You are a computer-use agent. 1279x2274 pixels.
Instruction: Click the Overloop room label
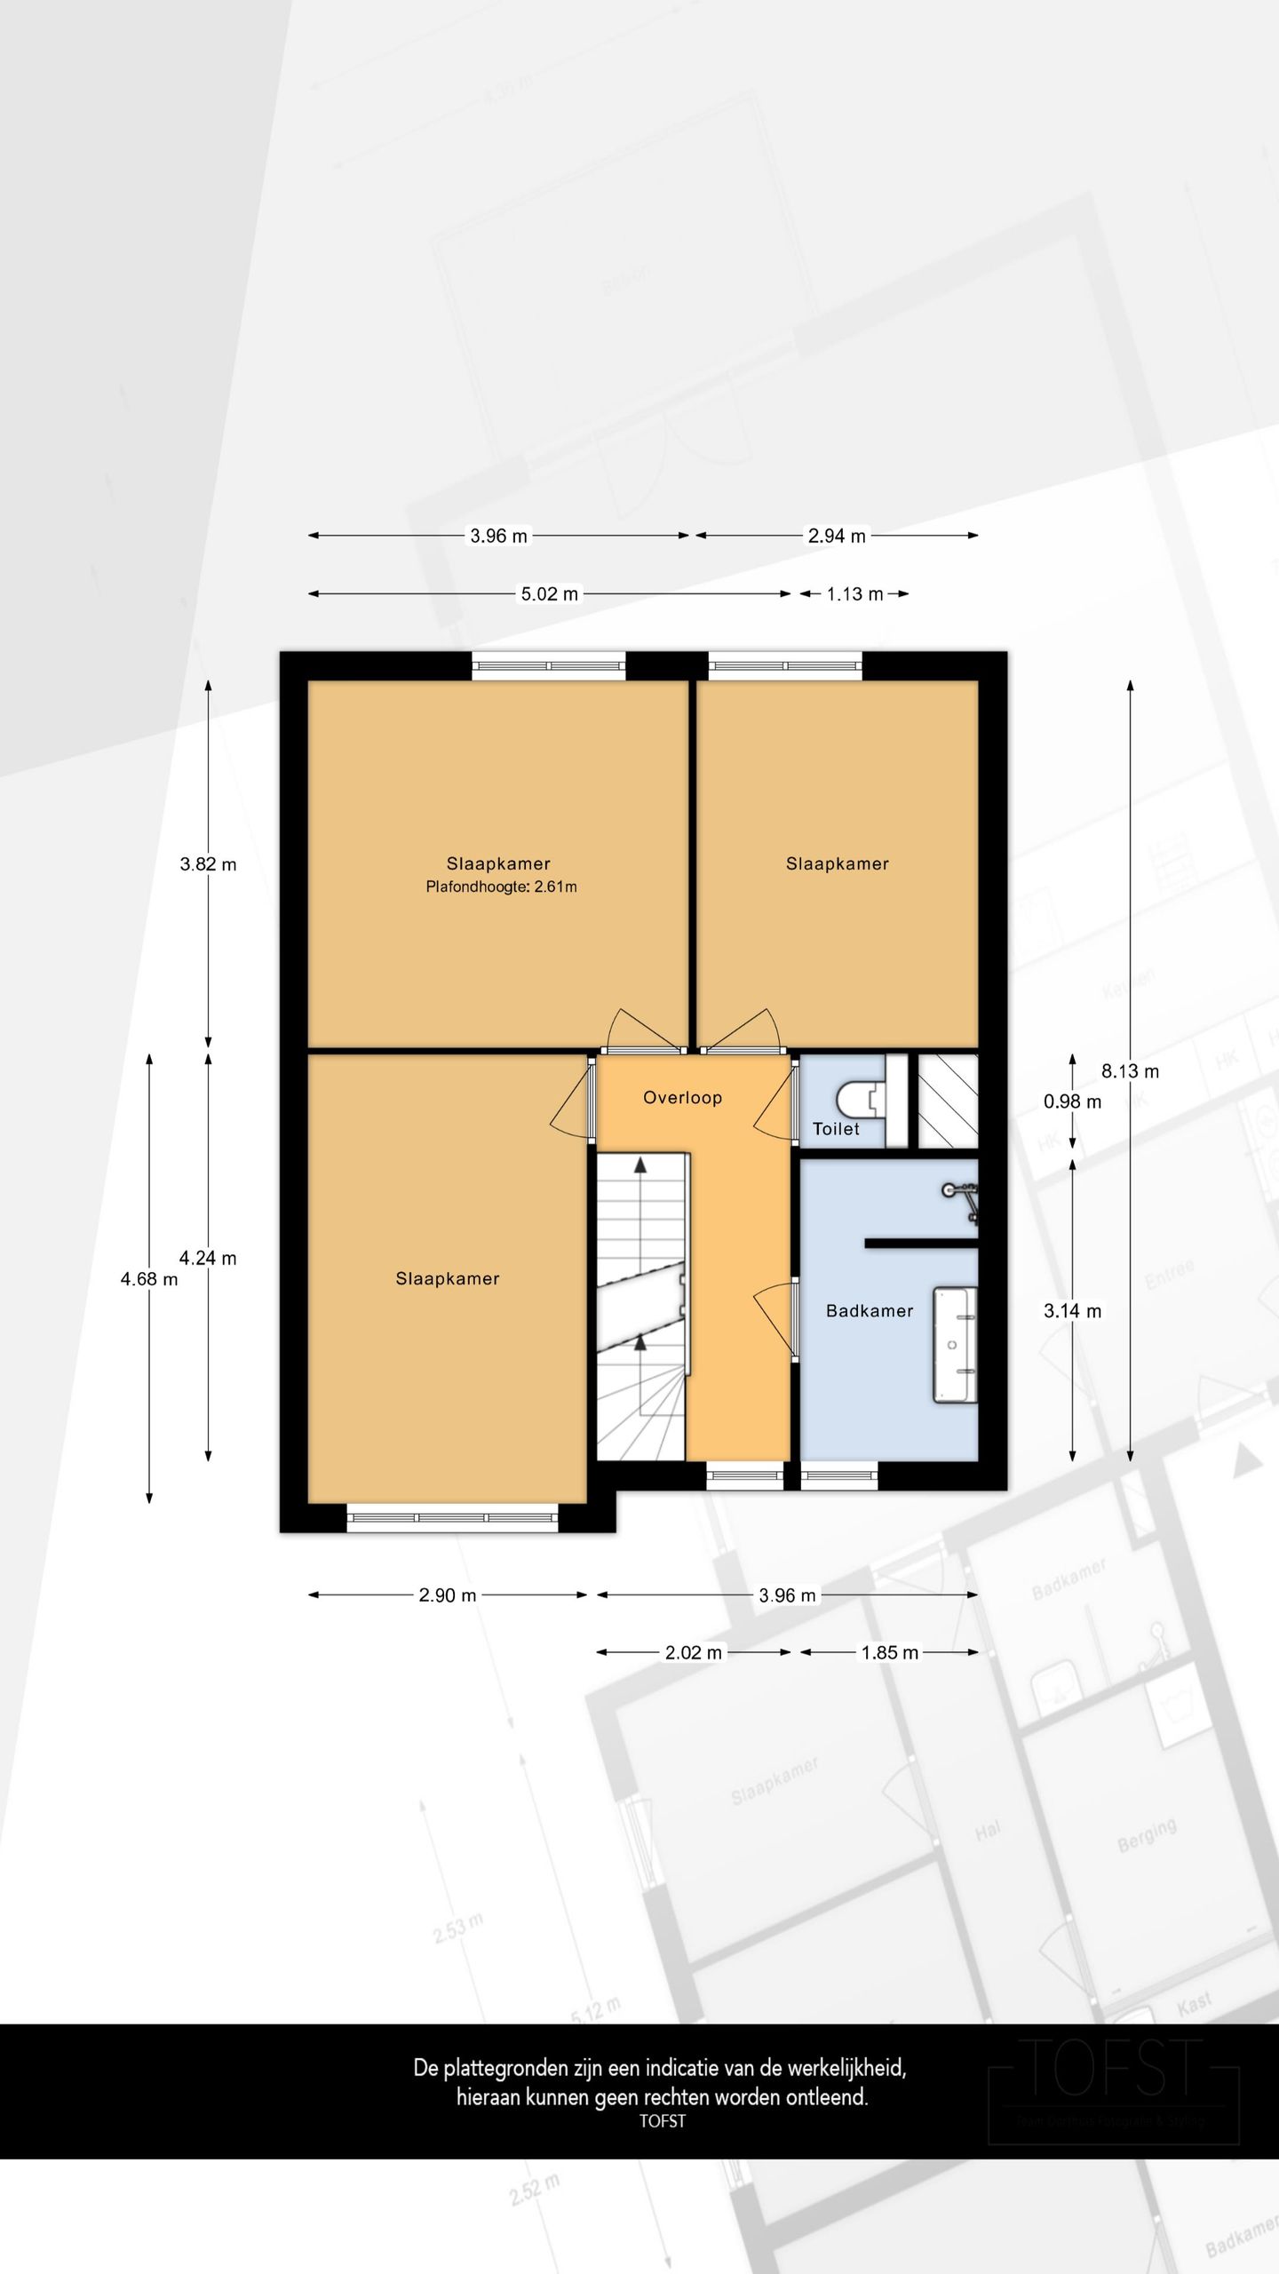tap(682, 1098)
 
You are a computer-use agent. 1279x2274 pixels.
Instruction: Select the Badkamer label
tap(869, 1311)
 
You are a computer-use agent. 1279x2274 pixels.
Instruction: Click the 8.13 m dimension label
tap(1130, 1071)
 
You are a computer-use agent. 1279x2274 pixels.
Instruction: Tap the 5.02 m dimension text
tap(549, 594)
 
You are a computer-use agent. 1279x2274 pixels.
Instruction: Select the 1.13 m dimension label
tap(854, 594)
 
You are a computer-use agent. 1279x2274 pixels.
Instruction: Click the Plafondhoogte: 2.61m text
tap(501, 887)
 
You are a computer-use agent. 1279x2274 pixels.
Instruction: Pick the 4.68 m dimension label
tap(149, 1279)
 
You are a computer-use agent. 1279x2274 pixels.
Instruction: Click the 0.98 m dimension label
tap(1072, 1102)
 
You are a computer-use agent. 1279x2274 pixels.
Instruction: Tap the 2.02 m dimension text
tap(694, 1652)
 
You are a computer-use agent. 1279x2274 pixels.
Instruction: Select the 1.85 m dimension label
tap(889, 1652)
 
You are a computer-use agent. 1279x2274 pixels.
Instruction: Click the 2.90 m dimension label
tap(448, 1595)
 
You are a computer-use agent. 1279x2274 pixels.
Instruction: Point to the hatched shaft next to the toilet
tap(947, 1101)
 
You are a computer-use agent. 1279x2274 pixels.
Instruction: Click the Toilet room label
tap(836, 1129)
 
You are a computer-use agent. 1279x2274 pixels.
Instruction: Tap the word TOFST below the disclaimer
tap(662, 2120)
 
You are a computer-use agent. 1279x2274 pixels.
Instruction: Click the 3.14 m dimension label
tap(1072, 1311)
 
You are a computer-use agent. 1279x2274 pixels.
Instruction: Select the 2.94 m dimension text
tap(836, 536)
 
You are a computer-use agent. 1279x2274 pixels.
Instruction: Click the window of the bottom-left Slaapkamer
tap(452, 1518)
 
